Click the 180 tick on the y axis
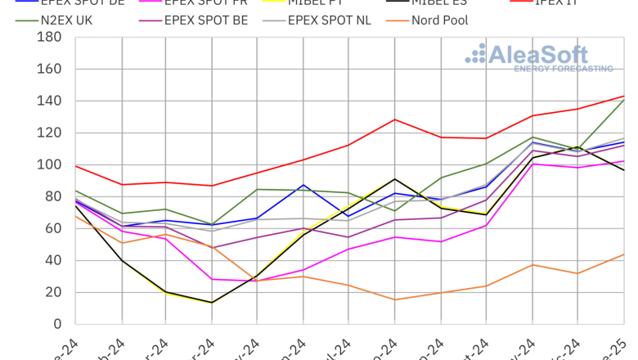pyautogui.click(x=49, y=37)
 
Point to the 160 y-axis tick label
pyautogui.click(x=49, y=69)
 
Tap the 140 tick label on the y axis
pyautogui.click(x=49, y=101)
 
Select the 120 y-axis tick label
pyautogui.click(x=49, y=133)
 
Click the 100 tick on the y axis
pyautogui.click(x=49, y=164)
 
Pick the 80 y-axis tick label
pyautogui.click(x=53, y=196)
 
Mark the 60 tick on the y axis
pyautogui.click(x=53, y=228)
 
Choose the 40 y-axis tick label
pyautogui.click(x=53, y=260)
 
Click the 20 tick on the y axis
pyautogui.click(x=53, y=292)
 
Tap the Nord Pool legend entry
pyautogui.click(x=439, y=20)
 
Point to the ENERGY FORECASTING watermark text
pyautogui.click(x=564, y=70)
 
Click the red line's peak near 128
pyautogui.click(x=396, y=119)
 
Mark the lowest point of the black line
pyautogui.click(x=213, y=303)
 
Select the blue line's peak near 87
pyautogui.click(x=304, y=185)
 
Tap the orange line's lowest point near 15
pyautogui.click(x=396, y=299)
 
